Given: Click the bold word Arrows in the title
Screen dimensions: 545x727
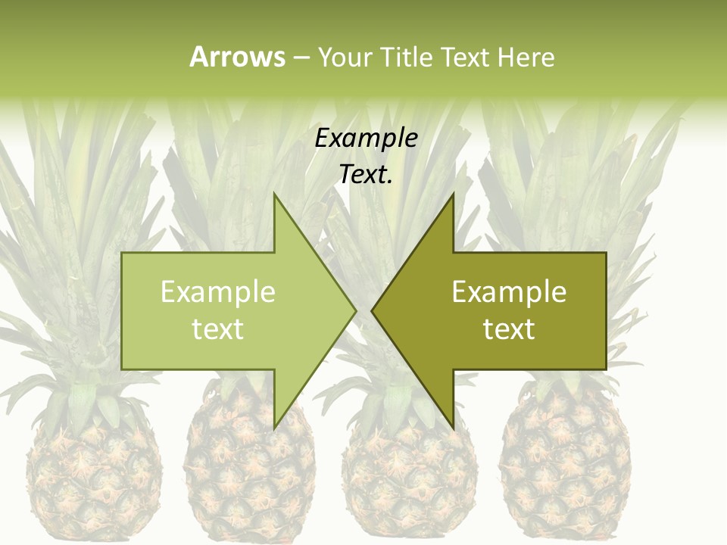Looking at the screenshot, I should (x=237, y=57).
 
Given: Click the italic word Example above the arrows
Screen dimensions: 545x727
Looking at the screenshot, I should (x=366, y=139).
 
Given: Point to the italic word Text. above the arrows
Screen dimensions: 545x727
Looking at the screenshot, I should (x=366, y=175).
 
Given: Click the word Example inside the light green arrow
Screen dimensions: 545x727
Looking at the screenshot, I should (x=218, y=292).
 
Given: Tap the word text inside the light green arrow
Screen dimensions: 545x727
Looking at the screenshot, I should (x=218, y=329).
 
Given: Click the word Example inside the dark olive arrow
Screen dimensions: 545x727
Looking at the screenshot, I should (x=509, y=292).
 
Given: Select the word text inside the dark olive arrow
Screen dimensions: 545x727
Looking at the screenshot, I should (x=509, y=329).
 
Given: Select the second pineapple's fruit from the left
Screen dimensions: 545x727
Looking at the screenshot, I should (x=250, y=469).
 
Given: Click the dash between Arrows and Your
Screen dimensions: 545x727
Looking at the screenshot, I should (x=301, y=58).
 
